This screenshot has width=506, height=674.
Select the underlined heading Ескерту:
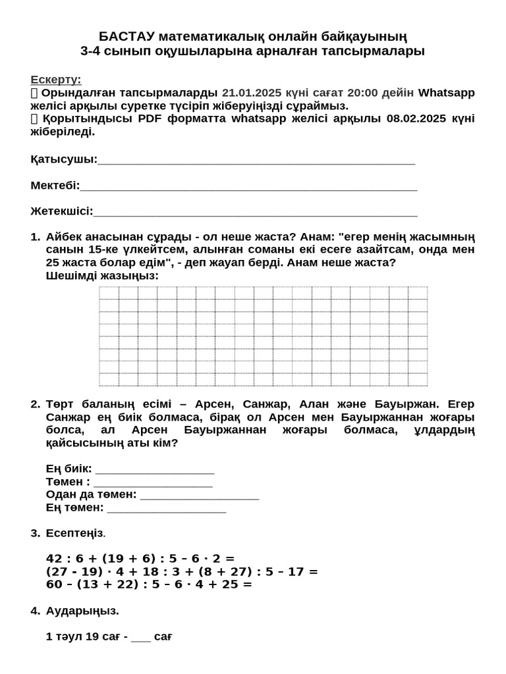pyautogui.click(x=56, y=80)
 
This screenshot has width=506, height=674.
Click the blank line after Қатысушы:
pyautogui.click(x=256, y=160)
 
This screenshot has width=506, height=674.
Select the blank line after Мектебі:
pyautogui.click(x=248, y=186)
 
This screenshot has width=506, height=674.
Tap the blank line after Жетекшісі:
pyautogui.click(x=255, y=212)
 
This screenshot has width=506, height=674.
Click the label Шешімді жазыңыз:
pyautogui.click(x=102, y=276)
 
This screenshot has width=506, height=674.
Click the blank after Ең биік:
pyautogui.click(x=155, y=469)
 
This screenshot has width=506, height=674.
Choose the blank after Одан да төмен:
pyautogui.click(x=200, y=495)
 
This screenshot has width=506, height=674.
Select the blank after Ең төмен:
pyautogui.click(x=167, y=508)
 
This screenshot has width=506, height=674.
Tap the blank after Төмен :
pyautogui.click(x=153, y=482)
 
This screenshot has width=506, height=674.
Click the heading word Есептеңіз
pyautogui.click(x=74, y=533)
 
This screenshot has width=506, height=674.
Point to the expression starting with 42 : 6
pyautogui.click(x=140, y=559)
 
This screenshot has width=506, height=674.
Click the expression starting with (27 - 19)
pyautogui.click(x=182, y=571)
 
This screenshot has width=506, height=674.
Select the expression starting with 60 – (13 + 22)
pyautogui.click(x=149, y=584)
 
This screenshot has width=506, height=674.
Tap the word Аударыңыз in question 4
pyautogui.click(x=82, y=611)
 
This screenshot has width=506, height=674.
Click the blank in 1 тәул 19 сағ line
pyautogui.click(x=141, y=637)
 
